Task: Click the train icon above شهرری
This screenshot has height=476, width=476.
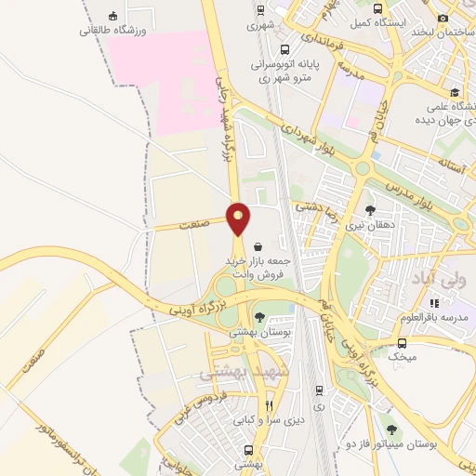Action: [261, 11]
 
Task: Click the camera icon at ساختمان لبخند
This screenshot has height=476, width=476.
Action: [443, 18]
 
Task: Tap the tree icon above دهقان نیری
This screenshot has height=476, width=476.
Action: [371, 210]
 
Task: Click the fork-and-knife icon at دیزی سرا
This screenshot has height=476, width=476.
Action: [269, 405]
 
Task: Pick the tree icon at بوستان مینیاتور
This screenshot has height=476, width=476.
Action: [390, 430]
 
